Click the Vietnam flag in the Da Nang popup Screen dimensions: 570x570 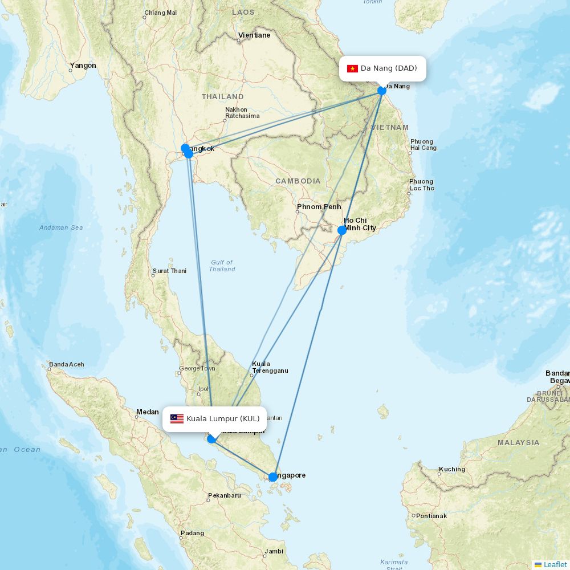352,69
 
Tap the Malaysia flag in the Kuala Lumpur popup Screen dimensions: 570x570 177,419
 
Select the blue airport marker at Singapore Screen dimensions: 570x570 273,477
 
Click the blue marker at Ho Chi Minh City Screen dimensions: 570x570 342,230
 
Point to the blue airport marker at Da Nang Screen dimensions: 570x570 382,90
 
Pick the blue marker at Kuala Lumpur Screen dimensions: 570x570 211,438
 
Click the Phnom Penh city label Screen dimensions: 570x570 319,207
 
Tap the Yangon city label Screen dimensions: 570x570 83,66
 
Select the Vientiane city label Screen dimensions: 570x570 254,35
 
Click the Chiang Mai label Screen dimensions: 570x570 160,13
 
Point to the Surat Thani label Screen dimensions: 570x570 169,271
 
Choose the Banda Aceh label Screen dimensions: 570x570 67,364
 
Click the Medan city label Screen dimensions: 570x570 147,412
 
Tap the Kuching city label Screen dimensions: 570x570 452,470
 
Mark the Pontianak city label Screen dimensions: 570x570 431,516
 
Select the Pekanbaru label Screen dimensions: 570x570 225,495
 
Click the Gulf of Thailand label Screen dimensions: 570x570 222,266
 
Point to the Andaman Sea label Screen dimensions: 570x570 61,227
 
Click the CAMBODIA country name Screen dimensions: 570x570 298,181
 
